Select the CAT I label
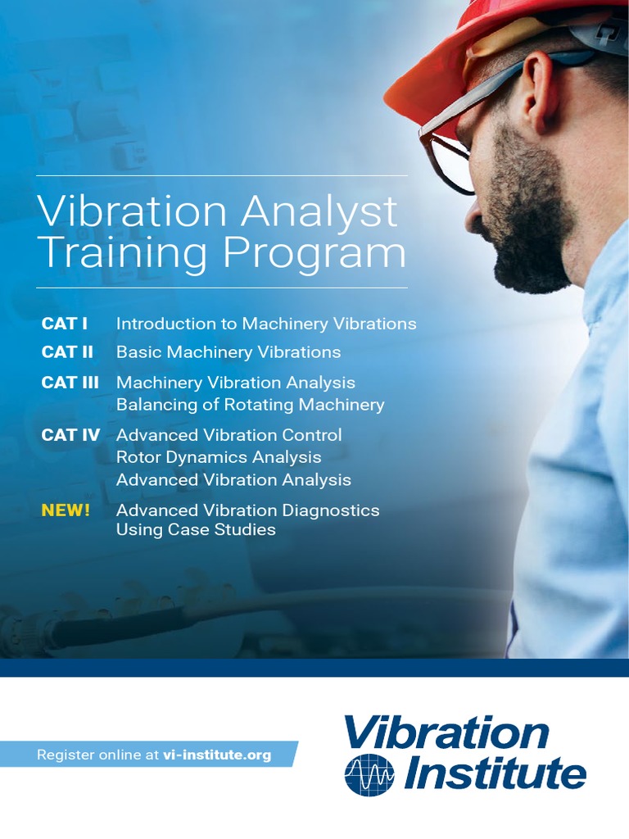65,324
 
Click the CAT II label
67,352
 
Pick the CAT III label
70,383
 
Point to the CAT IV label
70,435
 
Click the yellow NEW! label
66,510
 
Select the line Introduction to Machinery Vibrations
266,324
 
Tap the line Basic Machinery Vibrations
229,352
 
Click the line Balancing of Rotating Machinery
250,405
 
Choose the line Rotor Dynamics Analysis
219,457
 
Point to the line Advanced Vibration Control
229,435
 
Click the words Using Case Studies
196,530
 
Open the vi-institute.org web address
217,755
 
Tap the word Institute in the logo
491,773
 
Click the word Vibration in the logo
446,732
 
